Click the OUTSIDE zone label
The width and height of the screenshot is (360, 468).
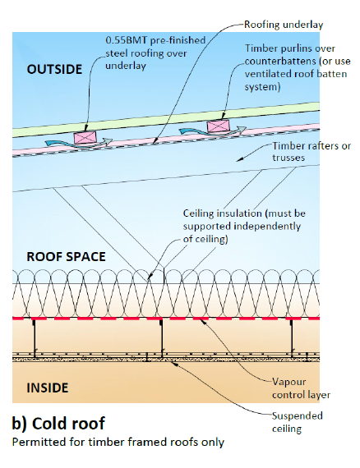click(54, 69)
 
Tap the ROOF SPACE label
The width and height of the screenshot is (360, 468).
click(66, 257)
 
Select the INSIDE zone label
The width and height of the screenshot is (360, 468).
click(48, 388)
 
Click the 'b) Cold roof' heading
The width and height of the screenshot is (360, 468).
click(58, 423)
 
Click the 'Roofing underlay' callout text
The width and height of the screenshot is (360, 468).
click(284, 25)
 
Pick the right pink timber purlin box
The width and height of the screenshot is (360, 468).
click(218, 126)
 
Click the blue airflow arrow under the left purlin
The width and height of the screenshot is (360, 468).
click(78, 144)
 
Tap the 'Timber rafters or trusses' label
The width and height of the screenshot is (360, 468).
click(312, 152)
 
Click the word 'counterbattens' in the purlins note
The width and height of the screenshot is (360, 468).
click(280, 62)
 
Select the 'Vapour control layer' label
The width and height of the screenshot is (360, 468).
click(301, 388)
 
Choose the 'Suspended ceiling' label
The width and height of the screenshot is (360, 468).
click(298, 422)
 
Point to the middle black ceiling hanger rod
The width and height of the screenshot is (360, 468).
click(162, 337)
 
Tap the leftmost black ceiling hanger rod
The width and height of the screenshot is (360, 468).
click(35, 337)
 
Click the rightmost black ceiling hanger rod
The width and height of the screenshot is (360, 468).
click(292, 337)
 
